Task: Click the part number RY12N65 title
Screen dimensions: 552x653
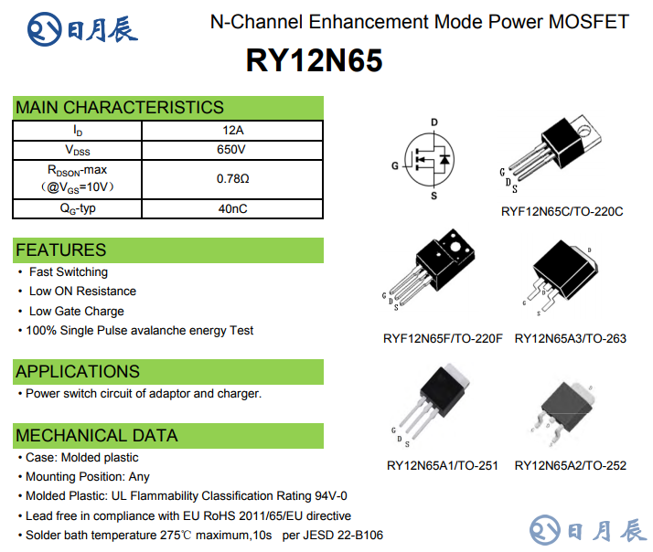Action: point(314,61)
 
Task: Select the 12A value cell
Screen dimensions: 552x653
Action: point(232,130)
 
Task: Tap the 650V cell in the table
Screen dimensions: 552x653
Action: point(232,149)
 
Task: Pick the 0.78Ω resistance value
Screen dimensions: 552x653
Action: point(232,178)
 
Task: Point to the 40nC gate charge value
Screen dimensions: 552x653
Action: point(232,208)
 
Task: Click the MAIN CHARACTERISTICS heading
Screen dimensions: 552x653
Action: point(120,107)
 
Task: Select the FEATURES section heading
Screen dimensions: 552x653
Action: point(61,249)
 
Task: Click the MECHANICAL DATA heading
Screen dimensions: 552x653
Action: point(97,435)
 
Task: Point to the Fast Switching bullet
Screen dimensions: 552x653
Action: point(68,272)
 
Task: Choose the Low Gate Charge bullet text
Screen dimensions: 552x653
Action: point(76,311)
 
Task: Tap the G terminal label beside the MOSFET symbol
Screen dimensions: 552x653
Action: point(395,166)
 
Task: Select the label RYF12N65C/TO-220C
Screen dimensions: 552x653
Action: point(562,211)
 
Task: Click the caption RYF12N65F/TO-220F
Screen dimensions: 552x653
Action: point(443,338)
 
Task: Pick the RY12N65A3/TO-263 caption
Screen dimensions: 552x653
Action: point(571,338)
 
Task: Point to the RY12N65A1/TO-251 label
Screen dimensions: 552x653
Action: point(443,465)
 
